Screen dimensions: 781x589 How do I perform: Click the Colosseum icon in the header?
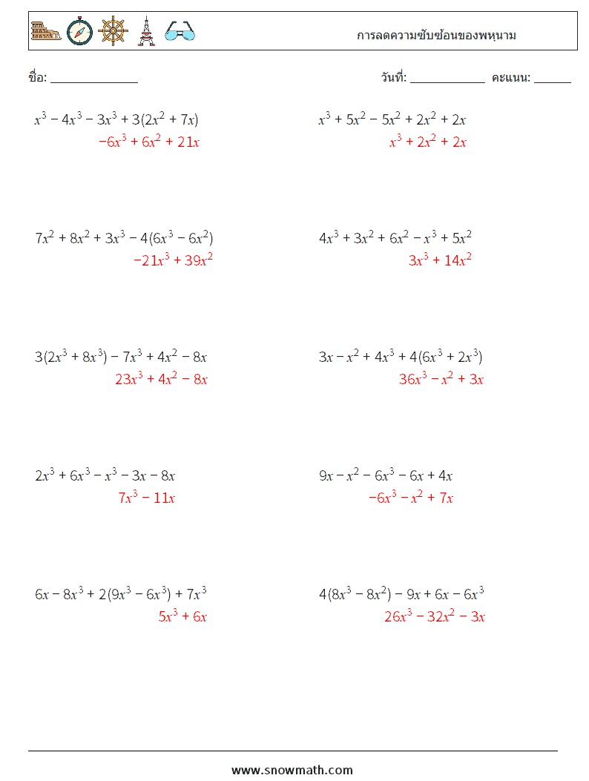pyautogui.click(x=46, y=31)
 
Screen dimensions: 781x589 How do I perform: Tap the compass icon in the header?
pyautogui.click(x=79, y=31)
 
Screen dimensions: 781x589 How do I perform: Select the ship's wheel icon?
pyautogui.click(x=113, y=31)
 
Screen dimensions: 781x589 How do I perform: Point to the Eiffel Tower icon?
pyautogui.click(x=146, y=31)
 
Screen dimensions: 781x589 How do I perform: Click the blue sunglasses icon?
pyautogui.click(x=180, y=31)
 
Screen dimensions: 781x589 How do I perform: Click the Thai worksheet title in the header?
pyautogui.click(x=436, y=35)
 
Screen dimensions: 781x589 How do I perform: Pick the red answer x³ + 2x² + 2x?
pyautogui.click(x=428, y=142)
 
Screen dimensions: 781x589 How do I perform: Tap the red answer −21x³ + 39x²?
pyautogui.click(x=174, y=260)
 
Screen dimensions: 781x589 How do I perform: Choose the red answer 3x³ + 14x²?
pyautogui.click(x=440, y=260)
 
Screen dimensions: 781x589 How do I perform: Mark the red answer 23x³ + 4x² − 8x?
pyautogui.click(x=161, y=379)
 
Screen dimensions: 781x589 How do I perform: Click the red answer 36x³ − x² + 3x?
pyautogui.click(x=441, y=379)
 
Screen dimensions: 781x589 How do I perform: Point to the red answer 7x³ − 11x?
pyautogui.click(x=146, y=498)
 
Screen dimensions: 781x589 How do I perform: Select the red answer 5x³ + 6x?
pyautogui.click(x=182, y=616)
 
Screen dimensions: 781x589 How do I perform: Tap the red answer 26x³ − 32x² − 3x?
pyautogui.click(x=434, y=616)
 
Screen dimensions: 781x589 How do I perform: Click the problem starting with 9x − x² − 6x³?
pyautogui.click(x=386, y=475)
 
